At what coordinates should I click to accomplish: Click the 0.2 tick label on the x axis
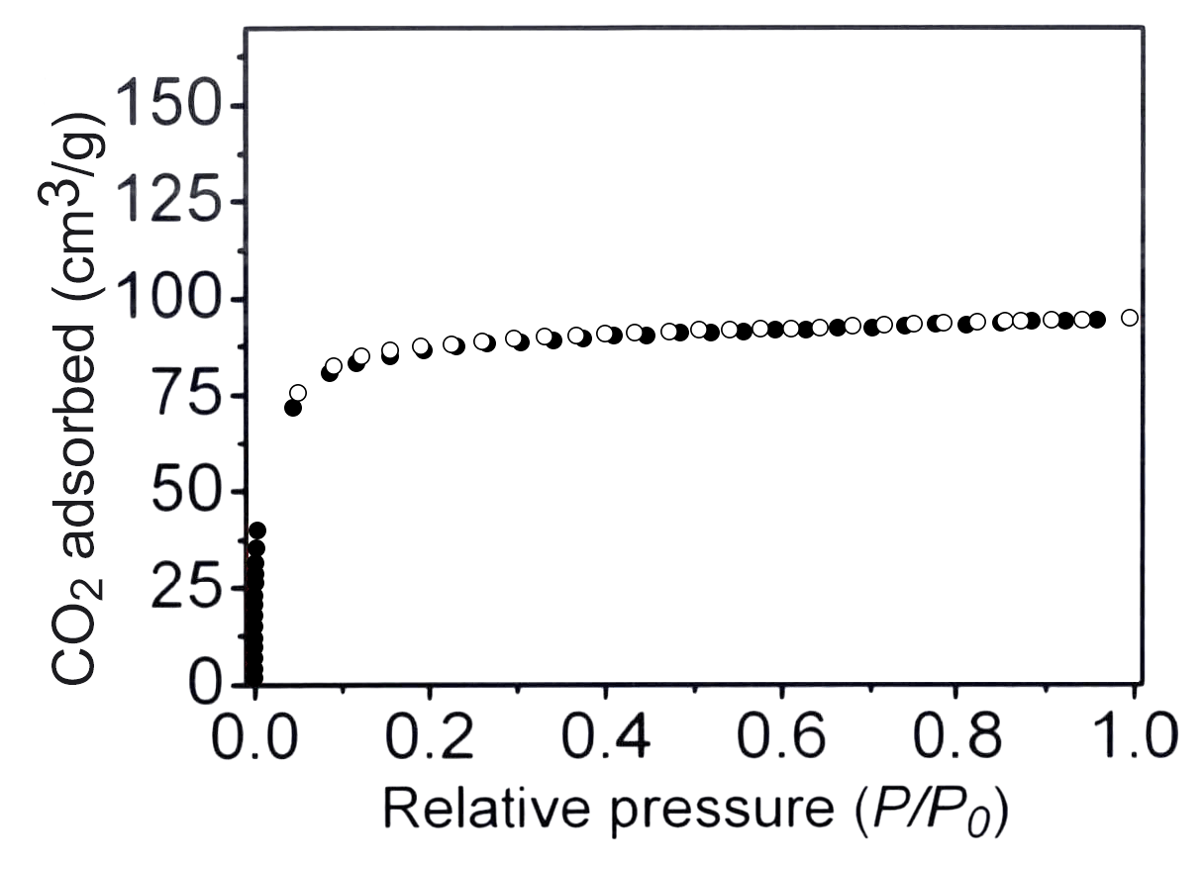pyautogui.click(x=431, y=738)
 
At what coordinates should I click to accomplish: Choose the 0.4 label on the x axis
pyautogui.click(x=606, y=738)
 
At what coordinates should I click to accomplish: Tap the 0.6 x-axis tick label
pyautogui.click(x=782, y=738)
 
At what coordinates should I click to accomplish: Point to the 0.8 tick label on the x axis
pyautogui.click(x=957, y=738)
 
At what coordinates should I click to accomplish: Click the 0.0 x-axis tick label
pyautogui.click(x=255, y=738)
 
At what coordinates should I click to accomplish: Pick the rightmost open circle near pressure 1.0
pyautogui.click(x=1130, y=318)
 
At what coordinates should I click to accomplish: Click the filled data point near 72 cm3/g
pyautogui.click(x=293, y=408)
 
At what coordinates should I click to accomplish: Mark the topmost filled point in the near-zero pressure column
pyautogui.click(x=257, y=531)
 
